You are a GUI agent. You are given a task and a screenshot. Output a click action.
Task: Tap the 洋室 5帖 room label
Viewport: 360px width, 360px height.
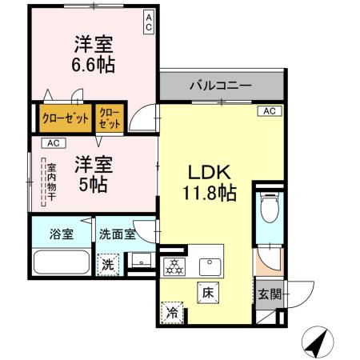point(94,172)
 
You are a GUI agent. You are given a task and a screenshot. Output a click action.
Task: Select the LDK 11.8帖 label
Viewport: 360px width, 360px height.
point(210,182)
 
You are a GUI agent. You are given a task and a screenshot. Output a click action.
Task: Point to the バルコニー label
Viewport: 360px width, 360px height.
point(221,84)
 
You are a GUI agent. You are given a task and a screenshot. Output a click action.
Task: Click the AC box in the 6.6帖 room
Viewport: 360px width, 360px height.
point(150,22)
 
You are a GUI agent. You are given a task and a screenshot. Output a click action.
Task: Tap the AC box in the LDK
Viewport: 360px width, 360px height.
point(270,111)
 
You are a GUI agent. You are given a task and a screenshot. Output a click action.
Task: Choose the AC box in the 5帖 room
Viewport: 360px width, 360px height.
point(53,143)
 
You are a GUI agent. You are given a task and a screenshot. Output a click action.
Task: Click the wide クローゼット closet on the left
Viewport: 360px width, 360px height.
point(66,120)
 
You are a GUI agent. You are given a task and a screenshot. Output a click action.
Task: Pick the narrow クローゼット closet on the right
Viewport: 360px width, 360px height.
point(110,120)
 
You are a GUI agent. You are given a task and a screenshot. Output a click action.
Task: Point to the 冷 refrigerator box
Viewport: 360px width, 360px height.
point(172,310)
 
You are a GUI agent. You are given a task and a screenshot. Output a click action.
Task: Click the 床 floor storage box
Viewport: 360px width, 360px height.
point(206,292)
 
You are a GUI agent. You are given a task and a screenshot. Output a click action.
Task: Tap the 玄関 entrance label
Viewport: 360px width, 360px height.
point(269,294)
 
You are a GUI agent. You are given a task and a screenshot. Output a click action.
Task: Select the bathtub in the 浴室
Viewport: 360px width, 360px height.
point(61,263)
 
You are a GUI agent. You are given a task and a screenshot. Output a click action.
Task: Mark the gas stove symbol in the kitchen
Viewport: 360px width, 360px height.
point(172,266)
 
